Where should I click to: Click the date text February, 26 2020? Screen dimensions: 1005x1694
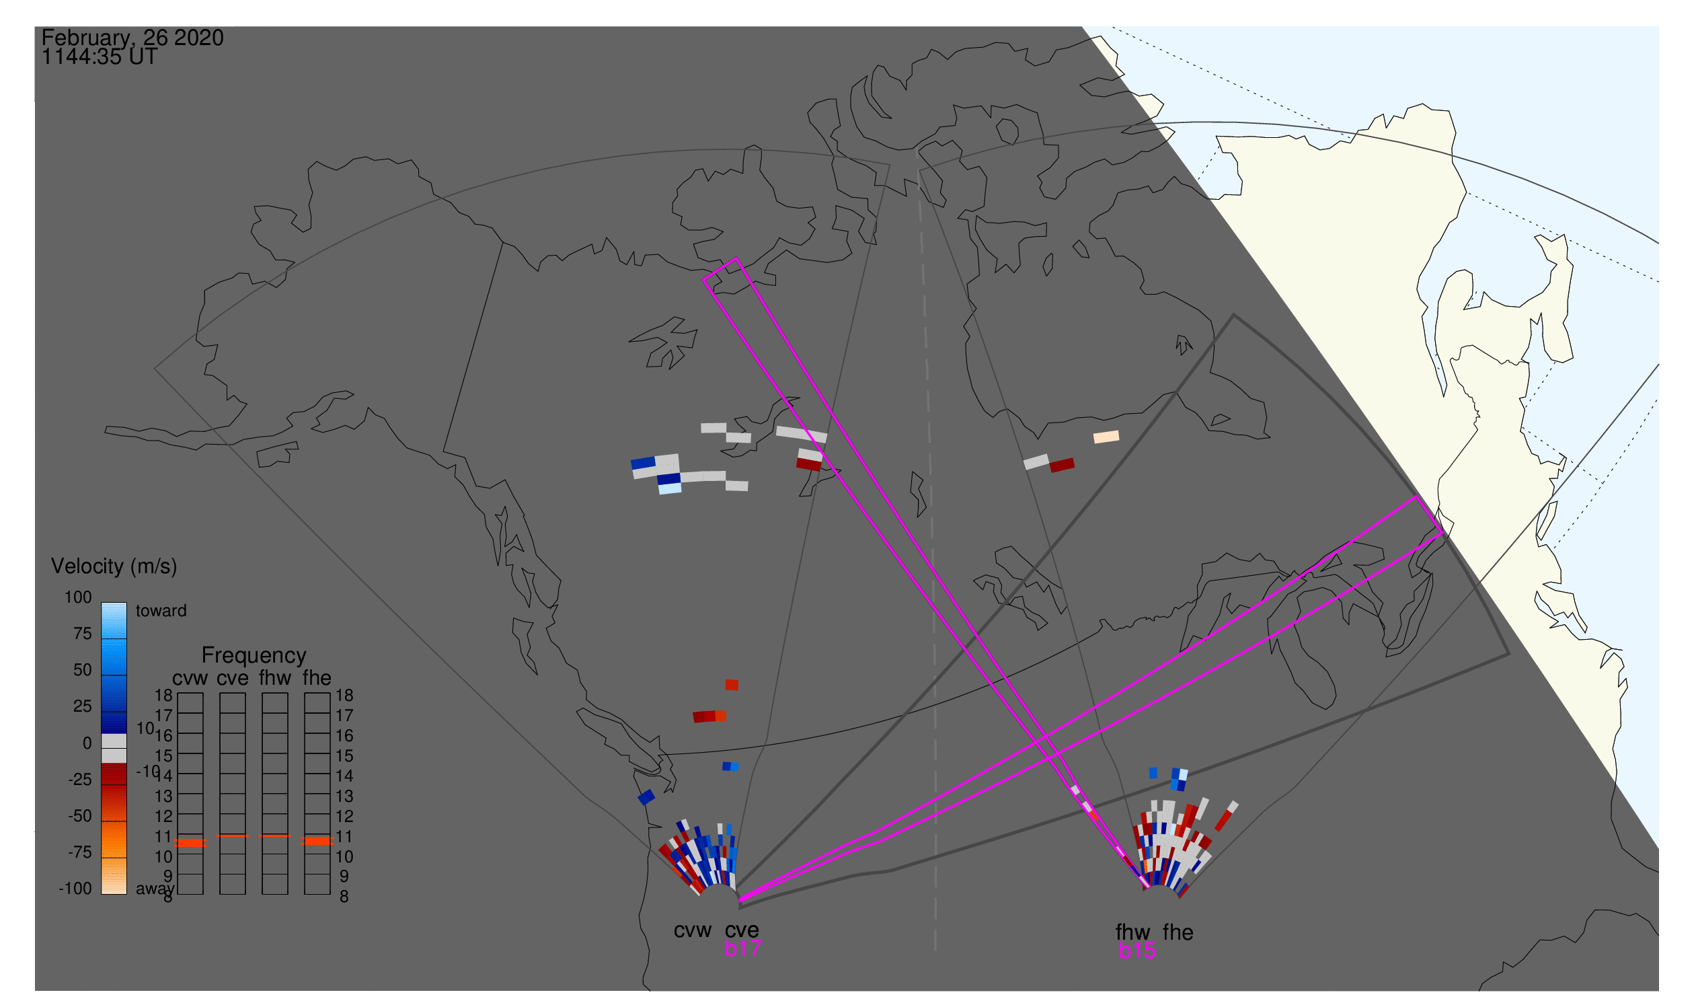(x=132, y=38)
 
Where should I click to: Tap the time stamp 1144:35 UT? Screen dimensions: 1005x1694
(x=100, y=58)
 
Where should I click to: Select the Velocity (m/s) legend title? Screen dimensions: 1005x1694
(x=114, y=566)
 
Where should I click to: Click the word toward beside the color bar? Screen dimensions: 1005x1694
(x=161, y=611)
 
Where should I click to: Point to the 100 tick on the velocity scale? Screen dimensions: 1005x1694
(x=78, y=597)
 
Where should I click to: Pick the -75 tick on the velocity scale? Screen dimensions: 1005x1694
(x=79, y=852)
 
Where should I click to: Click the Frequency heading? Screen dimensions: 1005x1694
(x=254, y=656)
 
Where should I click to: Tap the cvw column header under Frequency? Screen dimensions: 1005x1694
(x=190, y=679)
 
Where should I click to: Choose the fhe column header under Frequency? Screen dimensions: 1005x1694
(x=316, y=679)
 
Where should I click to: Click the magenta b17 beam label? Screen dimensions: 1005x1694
(x=742, y=948)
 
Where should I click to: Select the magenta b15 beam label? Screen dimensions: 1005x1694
(x=1137, y=951)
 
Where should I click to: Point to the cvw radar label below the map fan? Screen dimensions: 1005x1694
(x=692, y=930)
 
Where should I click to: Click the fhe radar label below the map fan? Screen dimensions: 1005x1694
(x=1178, y=932)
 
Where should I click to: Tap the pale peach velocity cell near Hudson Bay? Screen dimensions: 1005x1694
(x=1106, y=437)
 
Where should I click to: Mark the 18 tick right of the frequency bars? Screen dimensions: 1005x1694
(x=344, y=696)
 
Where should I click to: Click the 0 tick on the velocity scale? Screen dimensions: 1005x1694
(x=87, y=743)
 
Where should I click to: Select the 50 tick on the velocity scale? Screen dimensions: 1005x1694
(x=82, y=670)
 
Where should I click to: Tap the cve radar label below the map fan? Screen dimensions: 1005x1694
(x=742, y=930)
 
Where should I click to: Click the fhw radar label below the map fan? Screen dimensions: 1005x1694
(x=1132, y=932)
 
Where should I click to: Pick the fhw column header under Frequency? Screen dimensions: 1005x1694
(x=274, y=679)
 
